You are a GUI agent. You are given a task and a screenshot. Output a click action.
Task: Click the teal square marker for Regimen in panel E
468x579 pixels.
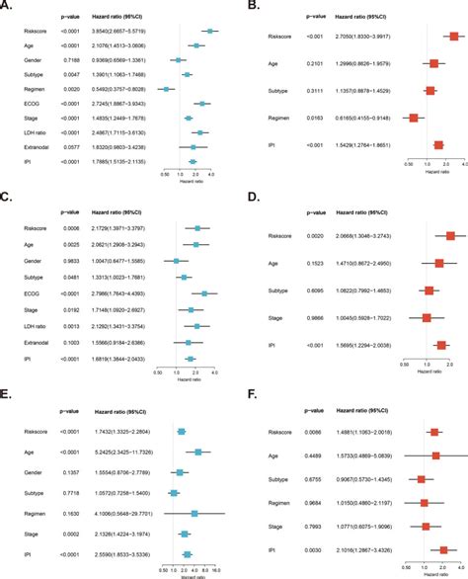(x=195, y=513)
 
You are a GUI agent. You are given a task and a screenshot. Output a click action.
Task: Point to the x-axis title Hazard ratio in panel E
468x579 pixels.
(x=193, y=574)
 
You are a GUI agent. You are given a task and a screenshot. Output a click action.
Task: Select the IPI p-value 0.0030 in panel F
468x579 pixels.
(x=301, y=549)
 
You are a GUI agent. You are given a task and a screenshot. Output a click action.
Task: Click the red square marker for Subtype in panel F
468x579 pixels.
(x=422, y=479)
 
